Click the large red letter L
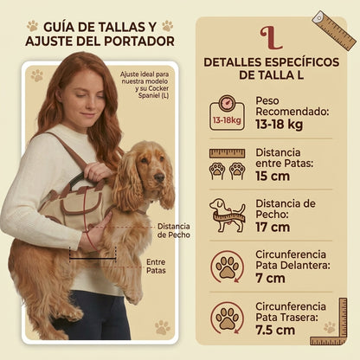click(x=270, y=38)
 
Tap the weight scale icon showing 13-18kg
click(x=228, y=113)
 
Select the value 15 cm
click(x=273, y=177)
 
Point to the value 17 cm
click(x=273, y=228)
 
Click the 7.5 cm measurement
click(x=275, y=331)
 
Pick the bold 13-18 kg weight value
click(x=279, y=125)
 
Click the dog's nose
click(x=159, y=177)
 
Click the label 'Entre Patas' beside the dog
click(x=156, y=267)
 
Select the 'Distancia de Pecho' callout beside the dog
click(x=174, y=230)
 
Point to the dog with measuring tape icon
click(x=228, y=215)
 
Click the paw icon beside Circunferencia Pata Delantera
click(x=228, y=267)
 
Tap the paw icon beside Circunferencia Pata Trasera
click(x=228, y=318)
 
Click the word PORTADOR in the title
click(x=139, y=42)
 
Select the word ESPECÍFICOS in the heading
click(x=302, y=62)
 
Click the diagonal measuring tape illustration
click(x=334, y=31)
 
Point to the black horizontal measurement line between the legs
click(x=93, y=259)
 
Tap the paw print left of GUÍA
click(x=33, y=26)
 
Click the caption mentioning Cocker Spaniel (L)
click(x=145, y=85)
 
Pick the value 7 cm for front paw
click(x=270, y=279)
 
